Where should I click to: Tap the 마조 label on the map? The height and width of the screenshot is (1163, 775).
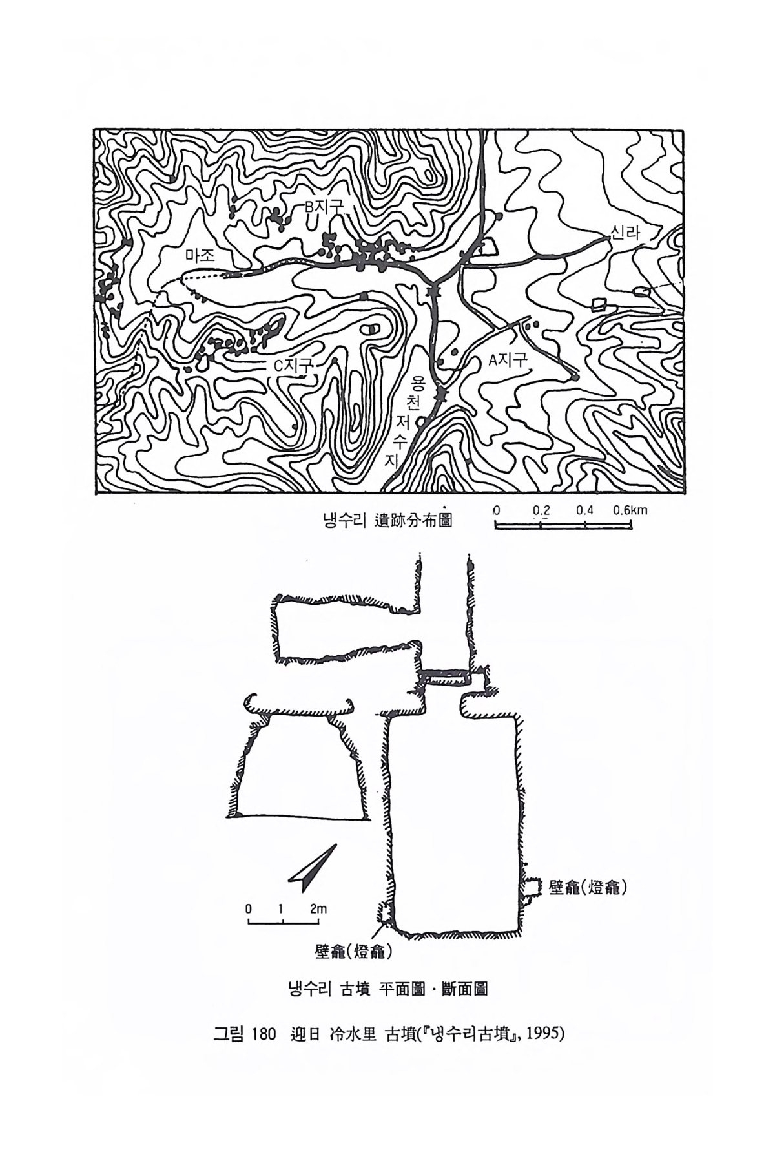coord(199,255)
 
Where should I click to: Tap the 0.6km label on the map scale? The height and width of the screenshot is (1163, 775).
coord(630,510)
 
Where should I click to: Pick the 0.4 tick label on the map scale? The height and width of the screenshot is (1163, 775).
coord(585,510)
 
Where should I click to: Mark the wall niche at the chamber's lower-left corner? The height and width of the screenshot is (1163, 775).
coord(387,914)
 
